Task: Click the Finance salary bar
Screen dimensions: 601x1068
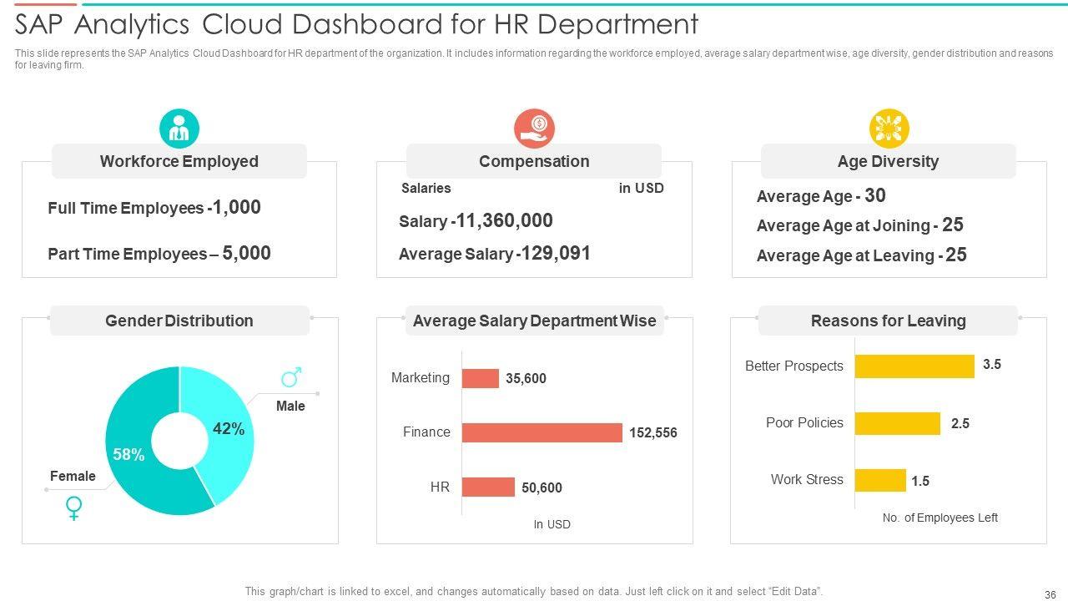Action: tap(542, 432)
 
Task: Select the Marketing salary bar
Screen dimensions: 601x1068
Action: tap(480, 378)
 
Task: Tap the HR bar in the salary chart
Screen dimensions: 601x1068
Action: tap(488, 487)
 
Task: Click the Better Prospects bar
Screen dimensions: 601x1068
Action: tap(914, 366)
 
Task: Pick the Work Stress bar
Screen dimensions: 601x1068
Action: tap(880, 480)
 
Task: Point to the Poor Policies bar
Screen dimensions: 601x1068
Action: tap(898, 423)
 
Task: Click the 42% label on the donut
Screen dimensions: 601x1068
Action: tap(229, 429)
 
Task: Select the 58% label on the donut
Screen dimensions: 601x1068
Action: tap(129, 455)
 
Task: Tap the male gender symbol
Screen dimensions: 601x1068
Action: tap(291, 378)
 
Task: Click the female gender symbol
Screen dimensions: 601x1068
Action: tap(74, 508)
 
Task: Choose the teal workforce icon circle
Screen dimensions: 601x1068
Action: tap(179, 129)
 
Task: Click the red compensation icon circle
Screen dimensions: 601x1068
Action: tap(534, 129)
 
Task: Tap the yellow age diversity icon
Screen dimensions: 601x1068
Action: tap(889, 129)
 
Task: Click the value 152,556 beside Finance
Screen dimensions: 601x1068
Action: tap(653, 433)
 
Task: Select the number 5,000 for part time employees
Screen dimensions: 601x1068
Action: tap(247, 254)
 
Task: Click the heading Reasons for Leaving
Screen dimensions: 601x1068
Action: tap(888, 321)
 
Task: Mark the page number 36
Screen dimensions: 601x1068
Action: tap(1050, 595)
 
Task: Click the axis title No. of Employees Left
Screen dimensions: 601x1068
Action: tap(940, 518)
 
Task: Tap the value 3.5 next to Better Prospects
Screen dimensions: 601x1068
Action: tap(991, 365)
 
